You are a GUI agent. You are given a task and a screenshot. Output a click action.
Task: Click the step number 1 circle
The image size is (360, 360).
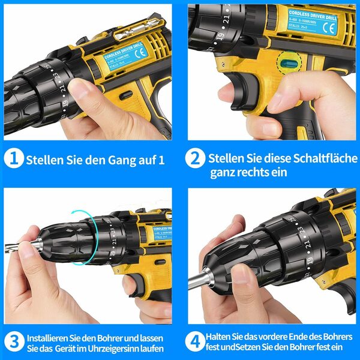tap(13, 160)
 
